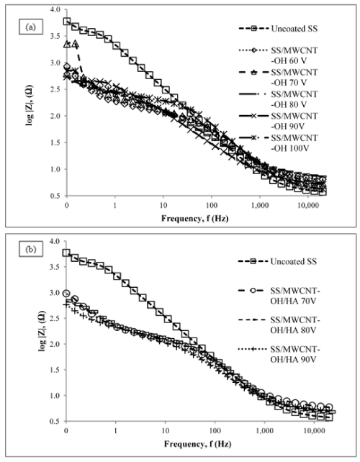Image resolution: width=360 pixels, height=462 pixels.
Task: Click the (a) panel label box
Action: click(x=31, y=27)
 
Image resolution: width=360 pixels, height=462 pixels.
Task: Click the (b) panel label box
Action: click(x=31, y=249)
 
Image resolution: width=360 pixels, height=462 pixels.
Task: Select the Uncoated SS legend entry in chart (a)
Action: click(x=278, y=29)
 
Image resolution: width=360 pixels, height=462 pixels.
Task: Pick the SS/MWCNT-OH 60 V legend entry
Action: click(x=278, y=55)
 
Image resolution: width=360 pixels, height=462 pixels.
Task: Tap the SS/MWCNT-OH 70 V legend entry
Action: click(x=278, y=78)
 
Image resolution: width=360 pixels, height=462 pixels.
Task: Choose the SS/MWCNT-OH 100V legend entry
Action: click(x=278, y=143)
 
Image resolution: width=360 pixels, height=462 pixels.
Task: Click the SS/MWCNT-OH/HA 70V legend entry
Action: click(x=279, y=296)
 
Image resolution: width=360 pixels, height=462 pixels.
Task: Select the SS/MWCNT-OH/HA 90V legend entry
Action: click(x=279, y=354)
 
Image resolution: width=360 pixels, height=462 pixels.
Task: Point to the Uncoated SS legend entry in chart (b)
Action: click(x=277, y=261)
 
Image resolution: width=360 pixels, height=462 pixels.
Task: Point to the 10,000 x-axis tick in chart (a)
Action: click(x=308, y=205)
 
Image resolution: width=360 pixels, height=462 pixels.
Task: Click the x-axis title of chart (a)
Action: click(x=195, y=218)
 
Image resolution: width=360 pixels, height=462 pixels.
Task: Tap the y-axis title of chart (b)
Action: click(x=42, y=331)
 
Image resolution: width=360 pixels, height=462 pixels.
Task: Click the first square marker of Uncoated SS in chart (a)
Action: click(x=67, y=21)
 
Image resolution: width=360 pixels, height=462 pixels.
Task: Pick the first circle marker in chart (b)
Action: click(x=66, y=293)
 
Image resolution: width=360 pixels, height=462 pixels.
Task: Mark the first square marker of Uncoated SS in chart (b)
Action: click(x=66, y=253)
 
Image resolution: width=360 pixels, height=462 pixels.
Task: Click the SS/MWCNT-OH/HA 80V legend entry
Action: click(x=279, y=325)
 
